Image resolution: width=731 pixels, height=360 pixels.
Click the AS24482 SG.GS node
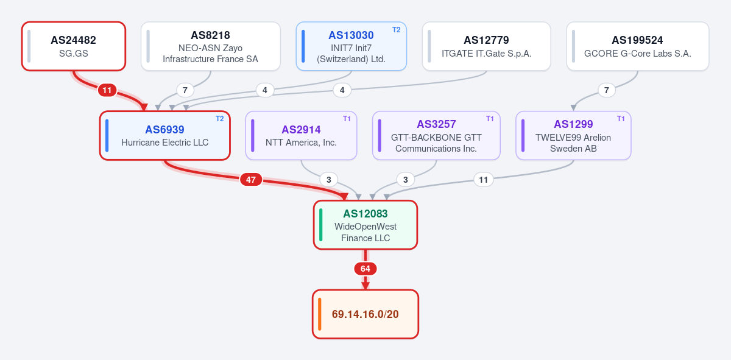click(x=74, y=46)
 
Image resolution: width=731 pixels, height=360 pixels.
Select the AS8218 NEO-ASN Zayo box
click(x=211, y=46)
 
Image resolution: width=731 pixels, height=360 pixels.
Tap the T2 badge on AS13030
click(x=396, y=30)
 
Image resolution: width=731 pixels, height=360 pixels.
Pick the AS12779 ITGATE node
click(x=487, y=46)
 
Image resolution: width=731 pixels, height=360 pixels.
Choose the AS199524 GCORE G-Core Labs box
click(x=638, y=46)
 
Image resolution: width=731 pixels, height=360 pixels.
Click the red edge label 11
click(x=107, y=90)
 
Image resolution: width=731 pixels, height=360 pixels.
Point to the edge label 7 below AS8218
click(x=185, y=90)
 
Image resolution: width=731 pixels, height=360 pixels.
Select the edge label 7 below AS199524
click(x=607, y=90)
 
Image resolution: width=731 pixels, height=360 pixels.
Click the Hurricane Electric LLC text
click(x=165, y=143)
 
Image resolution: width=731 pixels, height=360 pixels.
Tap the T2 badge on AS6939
click(x=220, y=119)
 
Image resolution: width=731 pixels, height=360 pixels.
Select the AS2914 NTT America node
click(x=301, y=135)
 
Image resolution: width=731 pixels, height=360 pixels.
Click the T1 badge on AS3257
click(x=490, y=119)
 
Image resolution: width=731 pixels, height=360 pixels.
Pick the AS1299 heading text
click(x=573, y=124)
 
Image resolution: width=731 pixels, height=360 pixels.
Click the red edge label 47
click(x=250, y=180)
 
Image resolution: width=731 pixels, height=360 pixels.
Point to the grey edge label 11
click(x=483, y=180)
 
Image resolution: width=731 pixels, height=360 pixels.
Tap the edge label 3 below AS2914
click(x=328, y=180)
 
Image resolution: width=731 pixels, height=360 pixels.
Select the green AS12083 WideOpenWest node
click(x=365, y=225)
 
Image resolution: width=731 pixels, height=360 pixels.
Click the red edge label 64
click(x=365, y=269)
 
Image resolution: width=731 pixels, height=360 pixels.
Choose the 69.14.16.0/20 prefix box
click(x=365, y=314)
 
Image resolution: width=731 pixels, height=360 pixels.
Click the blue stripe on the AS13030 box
click(x=303, y=46)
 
